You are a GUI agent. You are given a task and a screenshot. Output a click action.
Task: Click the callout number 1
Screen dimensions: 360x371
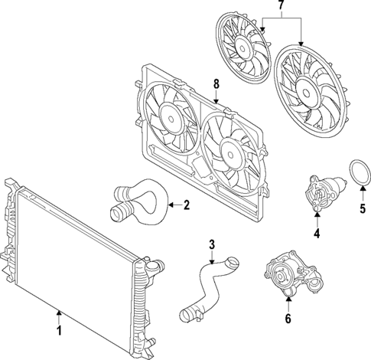[x=58, y=333]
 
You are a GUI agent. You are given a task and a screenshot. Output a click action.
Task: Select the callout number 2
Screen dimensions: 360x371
[x=187, y=205]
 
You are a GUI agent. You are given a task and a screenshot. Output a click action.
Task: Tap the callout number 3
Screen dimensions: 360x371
[x=212, y=245]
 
